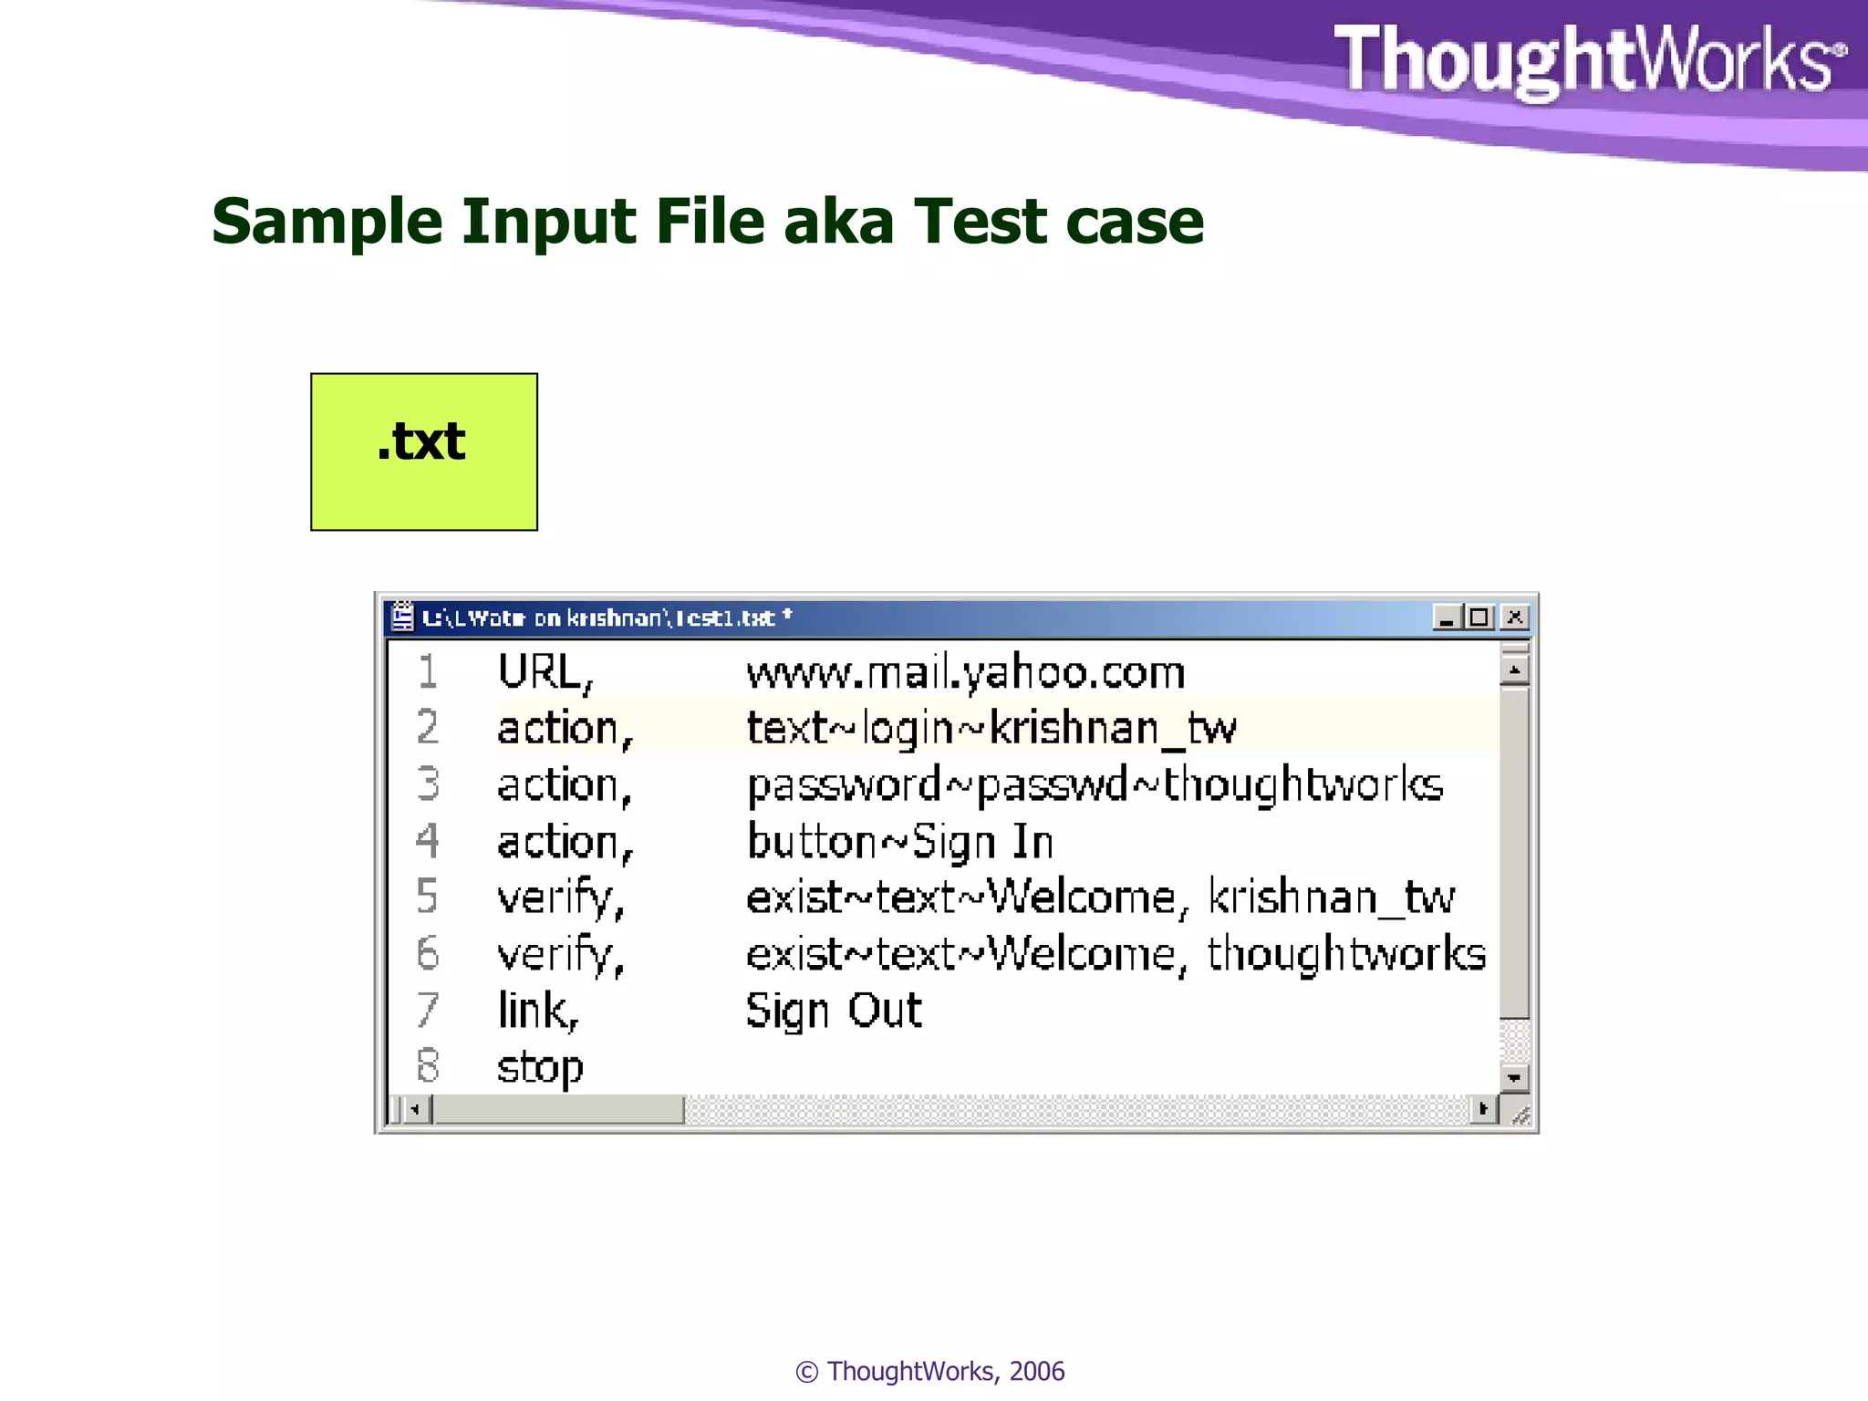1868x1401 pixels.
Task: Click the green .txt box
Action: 423,451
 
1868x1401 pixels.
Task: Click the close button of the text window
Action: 1514,617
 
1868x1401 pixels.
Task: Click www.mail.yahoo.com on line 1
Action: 965,673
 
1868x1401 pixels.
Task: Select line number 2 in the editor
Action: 427,728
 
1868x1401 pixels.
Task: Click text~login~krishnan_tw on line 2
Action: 991,729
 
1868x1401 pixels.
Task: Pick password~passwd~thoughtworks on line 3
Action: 1095,785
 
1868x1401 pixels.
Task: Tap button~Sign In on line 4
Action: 899,842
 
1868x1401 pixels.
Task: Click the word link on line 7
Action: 536,1011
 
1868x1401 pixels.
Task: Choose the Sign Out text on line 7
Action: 834,1011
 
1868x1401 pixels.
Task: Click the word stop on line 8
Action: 539,1067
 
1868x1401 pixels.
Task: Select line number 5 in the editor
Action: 427,897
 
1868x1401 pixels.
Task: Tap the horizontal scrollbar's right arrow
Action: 1483,1109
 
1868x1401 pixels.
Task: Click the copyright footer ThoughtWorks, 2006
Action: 929,1371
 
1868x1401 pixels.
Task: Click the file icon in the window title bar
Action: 402,617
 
